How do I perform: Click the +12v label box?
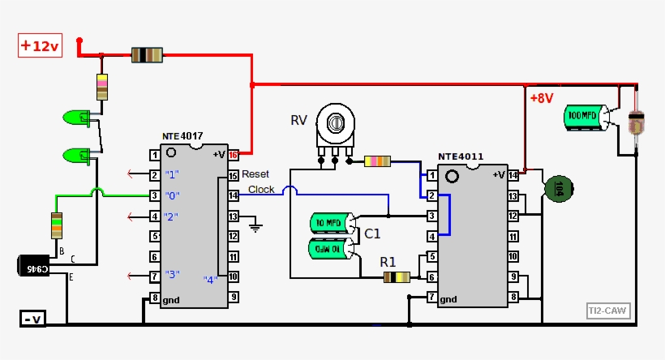[40, 46]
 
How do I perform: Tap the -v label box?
[32, 319]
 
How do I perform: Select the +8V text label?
[542, 98]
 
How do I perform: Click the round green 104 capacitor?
[559, 189]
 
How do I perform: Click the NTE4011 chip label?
[461, 156]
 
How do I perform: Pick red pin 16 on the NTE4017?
[234, 154]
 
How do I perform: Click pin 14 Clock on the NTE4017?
[234, 195]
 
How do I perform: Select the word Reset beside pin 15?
[255, 174]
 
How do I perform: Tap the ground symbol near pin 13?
[257, 226]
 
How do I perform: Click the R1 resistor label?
[388, 261]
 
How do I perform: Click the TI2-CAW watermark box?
[608, 310]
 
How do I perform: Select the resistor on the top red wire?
[147, 55]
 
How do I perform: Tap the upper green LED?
[78, 118]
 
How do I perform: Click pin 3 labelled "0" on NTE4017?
[153, 195]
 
